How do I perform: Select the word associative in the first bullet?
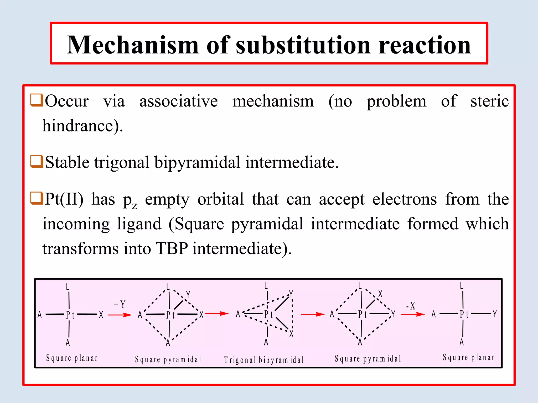(x=179, y=101)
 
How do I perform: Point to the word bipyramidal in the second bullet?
(x=197, y=162)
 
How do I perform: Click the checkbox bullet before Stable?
(x=37, y=161)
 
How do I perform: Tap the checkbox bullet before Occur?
(x=37, y=100)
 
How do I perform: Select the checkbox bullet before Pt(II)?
(x=37, y=198)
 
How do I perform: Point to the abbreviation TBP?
(x=172, y=248)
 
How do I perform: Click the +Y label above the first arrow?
(x=120, y=304)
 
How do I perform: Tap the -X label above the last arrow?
(x=411, y=306)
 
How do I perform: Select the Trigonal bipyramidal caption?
(x=264, y=360)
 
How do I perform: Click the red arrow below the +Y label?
(x=120, y=315)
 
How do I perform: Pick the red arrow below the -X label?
(x=413, y=314)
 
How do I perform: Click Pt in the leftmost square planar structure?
(x=70, y=315)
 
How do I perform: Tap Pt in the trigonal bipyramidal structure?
(x=268, y=314)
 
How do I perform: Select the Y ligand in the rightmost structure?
(x=495, y=314)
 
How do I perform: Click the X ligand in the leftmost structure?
(x=101, y=315)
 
